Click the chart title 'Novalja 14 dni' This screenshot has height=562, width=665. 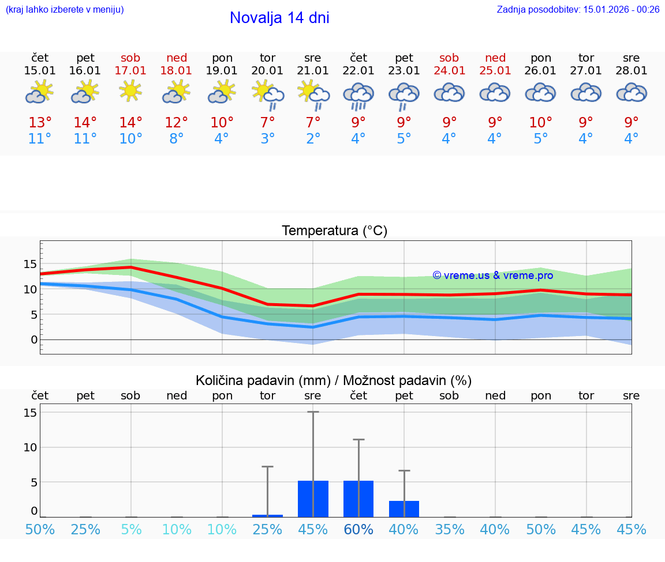point(279,18)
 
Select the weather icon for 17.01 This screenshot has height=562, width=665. point(131,92)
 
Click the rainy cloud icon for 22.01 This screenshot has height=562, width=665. point(358,96)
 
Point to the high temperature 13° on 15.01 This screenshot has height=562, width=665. point(40,123)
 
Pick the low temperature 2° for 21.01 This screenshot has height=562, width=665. point(313,139)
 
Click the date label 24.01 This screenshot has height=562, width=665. point(449,70)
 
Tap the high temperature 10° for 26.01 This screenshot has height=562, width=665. point(541,123)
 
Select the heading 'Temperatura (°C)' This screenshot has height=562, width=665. point(334,231)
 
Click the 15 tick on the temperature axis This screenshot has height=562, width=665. point(30,264)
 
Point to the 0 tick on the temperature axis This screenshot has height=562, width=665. point(34,340)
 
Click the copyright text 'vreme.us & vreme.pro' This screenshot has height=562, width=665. point(493,276)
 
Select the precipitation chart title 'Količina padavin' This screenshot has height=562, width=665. point(334,380)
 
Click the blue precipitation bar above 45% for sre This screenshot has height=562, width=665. point(313,499)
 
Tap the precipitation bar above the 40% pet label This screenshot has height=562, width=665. point(404,509)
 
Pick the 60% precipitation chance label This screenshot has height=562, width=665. point(358,529)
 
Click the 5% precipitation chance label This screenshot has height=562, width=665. point(131,529)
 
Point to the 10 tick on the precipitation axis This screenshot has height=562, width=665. point(30,447)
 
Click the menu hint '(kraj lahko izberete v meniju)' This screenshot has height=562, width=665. point(65,9)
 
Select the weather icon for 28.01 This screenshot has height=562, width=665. point(632,93)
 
